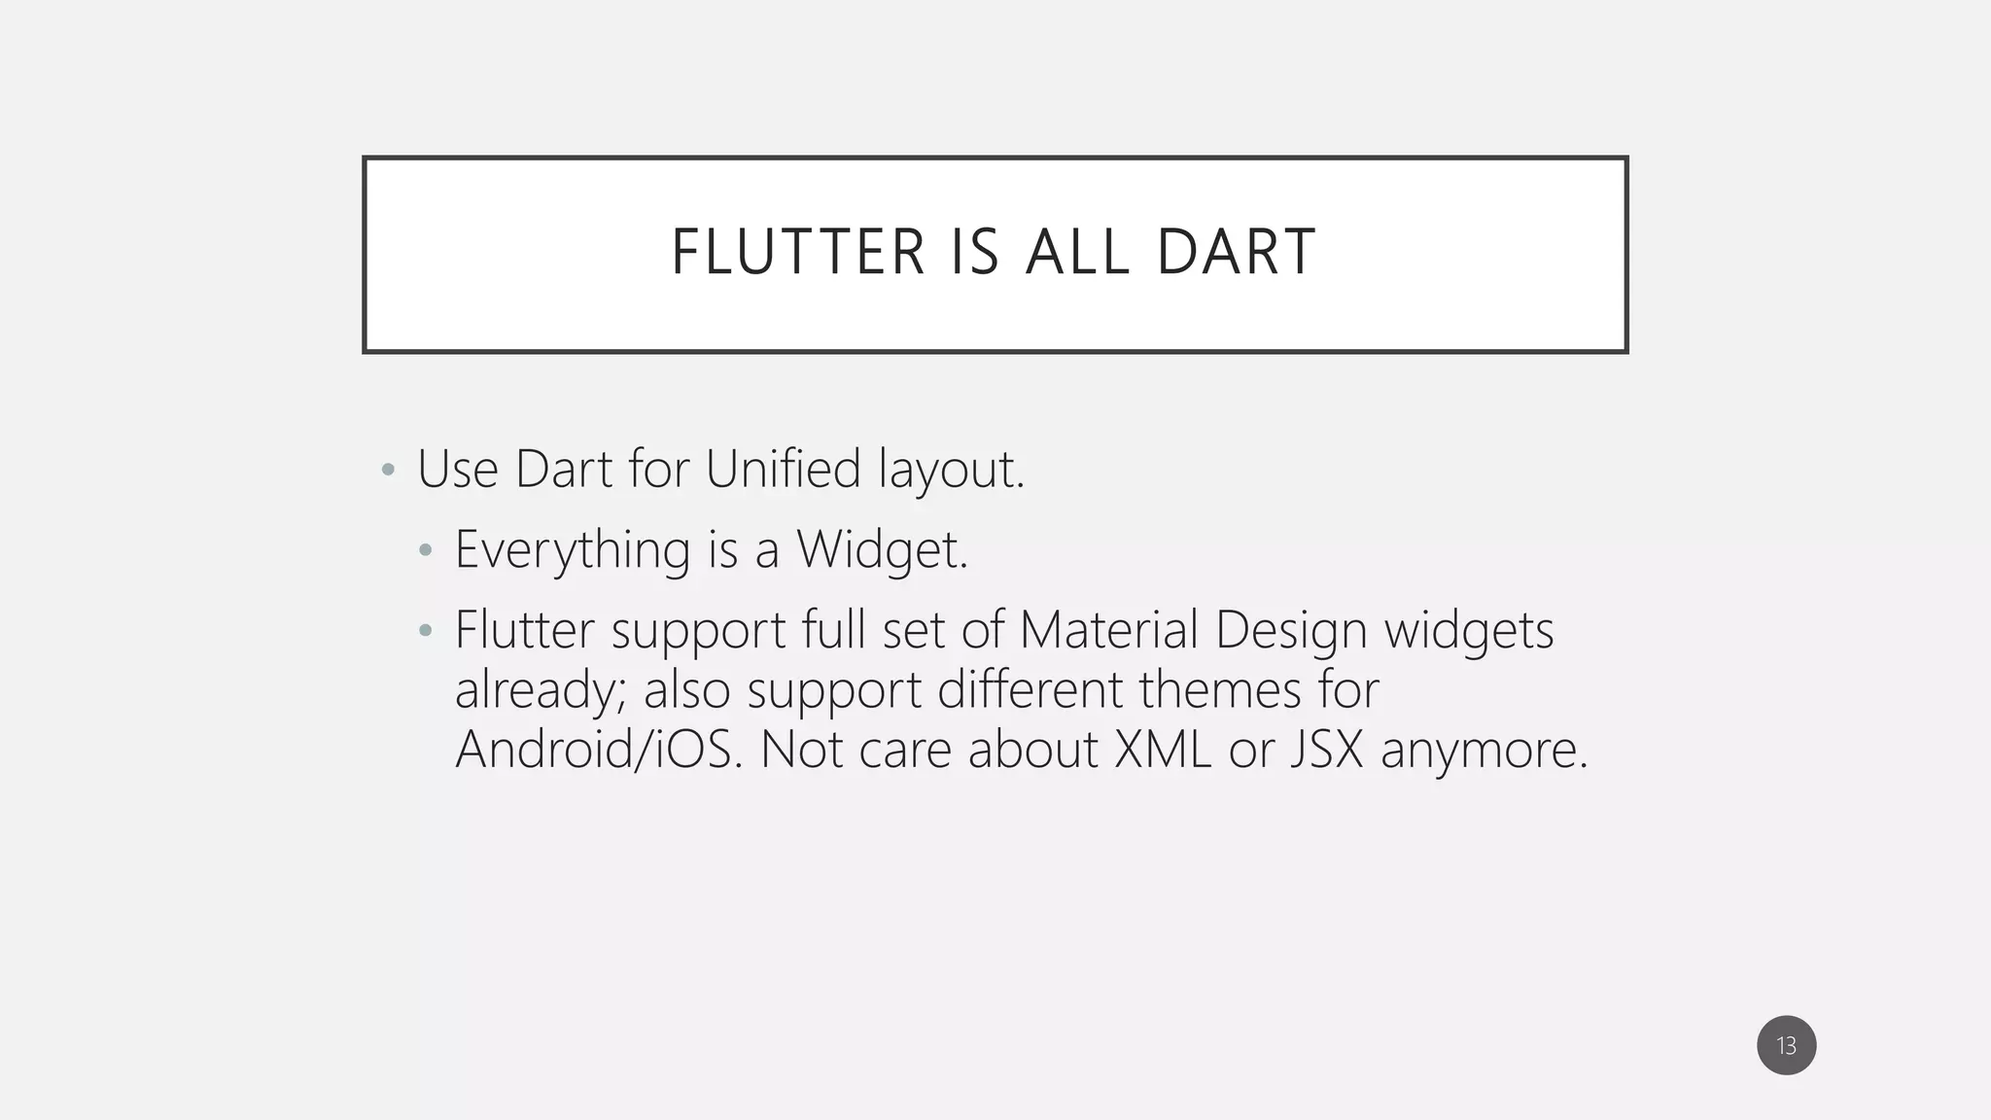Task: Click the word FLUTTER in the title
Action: point(797,253)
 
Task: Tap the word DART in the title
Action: point(1236,253)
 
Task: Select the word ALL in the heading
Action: point(1077,253)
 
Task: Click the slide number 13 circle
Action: point(1786,1046)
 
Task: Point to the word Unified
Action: point(783,469)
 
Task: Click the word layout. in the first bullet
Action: point(952,471)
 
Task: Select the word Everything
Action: point(572,550)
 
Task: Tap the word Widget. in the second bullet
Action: point(883,550)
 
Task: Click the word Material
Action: point(1108,630)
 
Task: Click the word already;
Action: point(541,691)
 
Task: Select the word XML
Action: point(1163,750)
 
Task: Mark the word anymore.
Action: point(1484,752)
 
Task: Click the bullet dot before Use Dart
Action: point(389,471)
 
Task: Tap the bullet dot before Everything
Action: point(425,550)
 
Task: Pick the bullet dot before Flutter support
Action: point(425,630)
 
